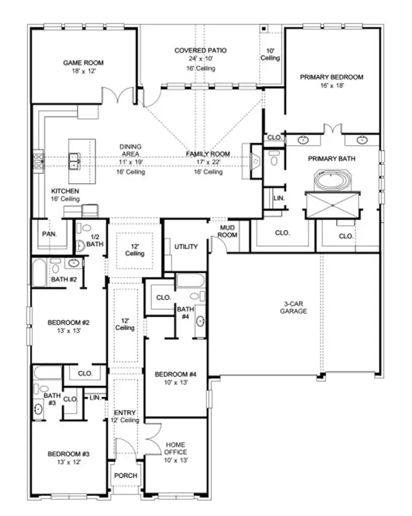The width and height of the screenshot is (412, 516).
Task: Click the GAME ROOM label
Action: [x=83, y=63]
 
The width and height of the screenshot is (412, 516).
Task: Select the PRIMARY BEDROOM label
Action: [x=332, y=77]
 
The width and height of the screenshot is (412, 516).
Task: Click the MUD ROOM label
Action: [x=228, y=232]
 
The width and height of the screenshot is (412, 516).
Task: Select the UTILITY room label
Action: [x=186, y=247]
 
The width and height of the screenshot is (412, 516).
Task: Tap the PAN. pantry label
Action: [x=49, y=235]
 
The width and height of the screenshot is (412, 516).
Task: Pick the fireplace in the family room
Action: [x=255, y=161]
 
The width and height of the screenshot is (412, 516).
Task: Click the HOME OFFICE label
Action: [x=175, y=448]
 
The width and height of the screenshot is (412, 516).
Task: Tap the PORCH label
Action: [x=125, y=475]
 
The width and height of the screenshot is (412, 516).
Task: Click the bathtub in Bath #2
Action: [x=40, y=272]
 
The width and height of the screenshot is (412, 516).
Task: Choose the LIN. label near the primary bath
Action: [x=279, y=198]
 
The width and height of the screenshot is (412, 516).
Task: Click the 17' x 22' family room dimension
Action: [x=208, y=162]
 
